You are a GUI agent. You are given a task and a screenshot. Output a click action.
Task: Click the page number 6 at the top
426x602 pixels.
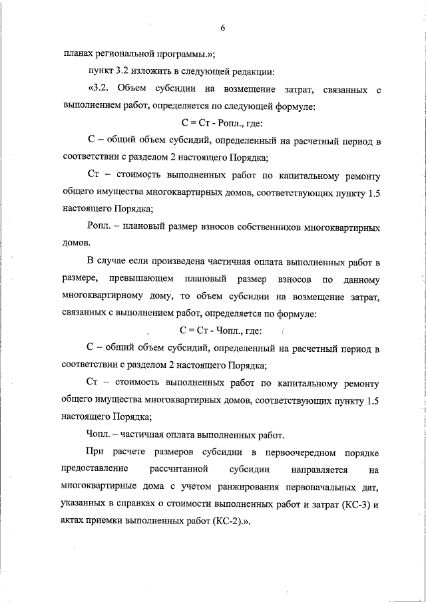click(222, 28)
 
